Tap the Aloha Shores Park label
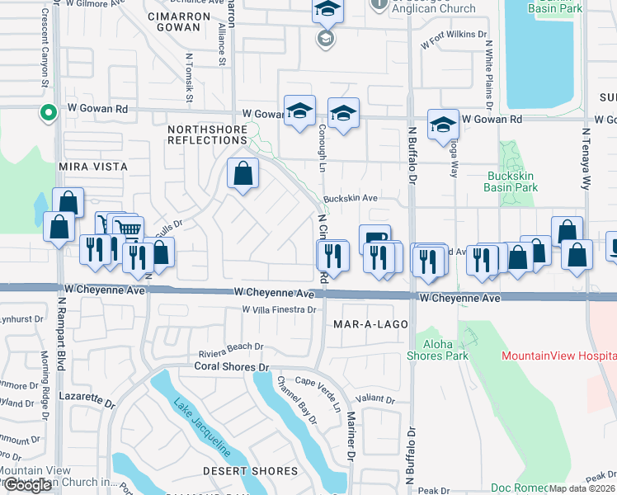pyautogui.click(x=437, y=349)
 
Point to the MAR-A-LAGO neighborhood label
pyautogui.click(x=370, y=324)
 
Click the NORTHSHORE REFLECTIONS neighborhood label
pyautogui.click(x=207, y=134)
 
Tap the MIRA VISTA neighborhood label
pyautogui.click(x=93, y=167)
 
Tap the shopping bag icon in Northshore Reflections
pyautogui.click(x=243, y=174)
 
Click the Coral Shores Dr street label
pyautogui.click(x=232, y=365)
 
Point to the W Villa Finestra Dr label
pyautogui.click(x=280, y=309)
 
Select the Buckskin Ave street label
pyautogui.click(x=350, y=199)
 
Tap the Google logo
pyautogui.click(x=28, y=485)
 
